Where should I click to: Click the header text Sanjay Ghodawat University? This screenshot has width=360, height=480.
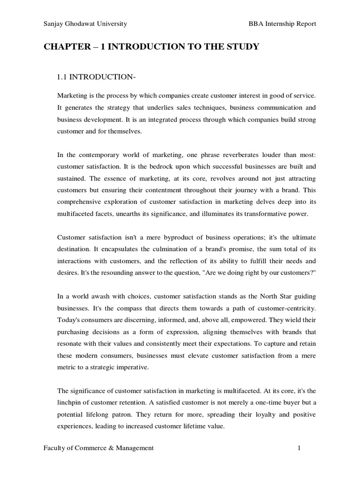click(85, 24)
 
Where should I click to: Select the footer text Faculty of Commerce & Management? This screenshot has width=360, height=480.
click(98, 448)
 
